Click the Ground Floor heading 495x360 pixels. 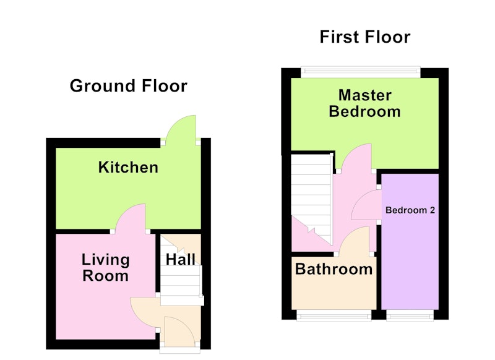[x=129, y=86]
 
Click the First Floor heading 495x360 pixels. [x=365, y=37]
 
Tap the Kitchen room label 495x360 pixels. [x=128, y=167]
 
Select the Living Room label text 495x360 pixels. [x=105, y=268]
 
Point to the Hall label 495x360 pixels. [x=181, y=260]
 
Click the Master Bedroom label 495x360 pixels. [x=364, y=103]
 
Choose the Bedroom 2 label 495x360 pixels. [x=410, y=210]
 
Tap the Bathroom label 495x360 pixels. [x=334, y=269]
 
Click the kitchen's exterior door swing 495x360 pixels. [x=181, y=128]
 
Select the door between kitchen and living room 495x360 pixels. [x=130, y=218]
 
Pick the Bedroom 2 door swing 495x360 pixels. [x=366, y=205]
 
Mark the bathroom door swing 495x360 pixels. [x=354, y=240]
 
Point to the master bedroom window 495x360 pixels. [x=361, y=72]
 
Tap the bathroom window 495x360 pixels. [x=334, y=315]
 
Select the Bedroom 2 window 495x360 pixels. [x=410, y=315]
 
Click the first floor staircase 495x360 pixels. [x=312, y=199]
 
